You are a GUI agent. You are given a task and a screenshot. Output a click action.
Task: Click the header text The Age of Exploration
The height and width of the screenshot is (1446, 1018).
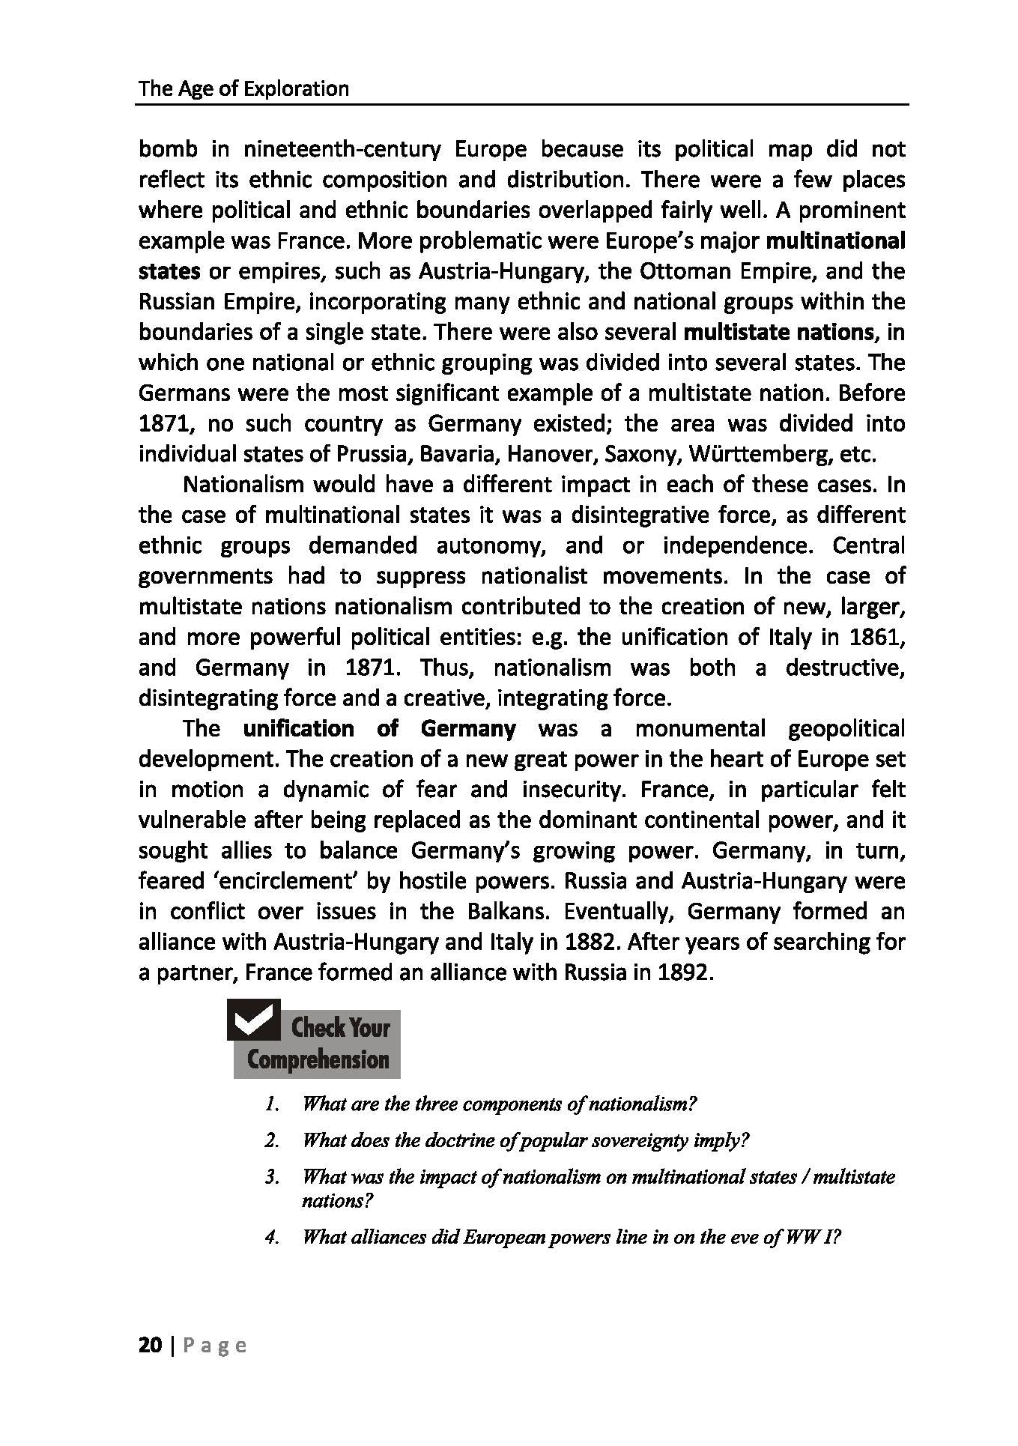(243, 88)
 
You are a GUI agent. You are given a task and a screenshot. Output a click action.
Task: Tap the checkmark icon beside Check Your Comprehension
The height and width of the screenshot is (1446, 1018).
(253, 1020)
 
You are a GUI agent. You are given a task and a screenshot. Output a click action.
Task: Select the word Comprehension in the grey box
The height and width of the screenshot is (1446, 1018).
(318, 1059)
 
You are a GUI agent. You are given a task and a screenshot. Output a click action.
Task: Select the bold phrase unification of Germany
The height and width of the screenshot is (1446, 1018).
(380, 728)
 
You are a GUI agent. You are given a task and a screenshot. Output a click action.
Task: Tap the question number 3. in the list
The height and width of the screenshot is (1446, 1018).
(271, 1177)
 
